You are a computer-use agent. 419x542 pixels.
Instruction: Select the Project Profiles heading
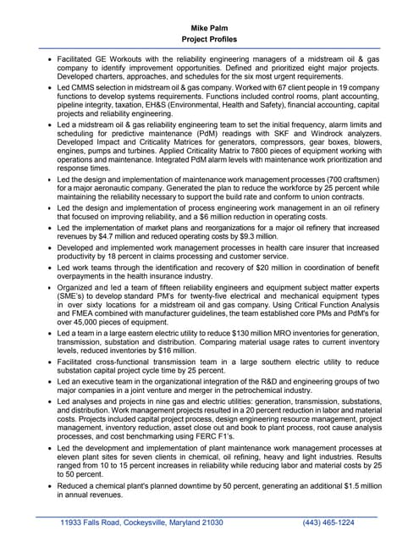pos(209,39)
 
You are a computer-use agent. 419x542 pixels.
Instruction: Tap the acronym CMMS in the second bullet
pos(85,87)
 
